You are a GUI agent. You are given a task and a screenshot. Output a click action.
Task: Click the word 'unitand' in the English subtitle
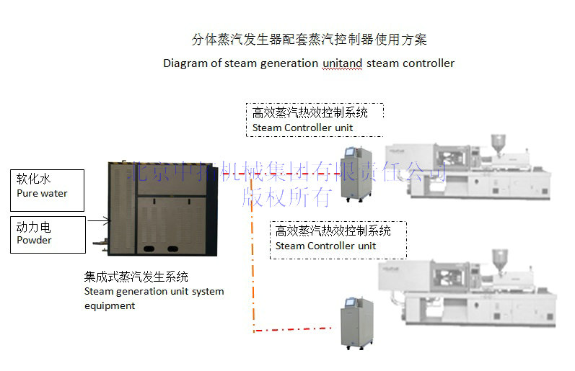[x=342, y=63]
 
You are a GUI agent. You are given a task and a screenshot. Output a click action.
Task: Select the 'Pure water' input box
[x=48, y=189]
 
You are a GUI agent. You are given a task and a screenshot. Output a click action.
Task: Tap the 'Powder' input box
[x=48, y=235]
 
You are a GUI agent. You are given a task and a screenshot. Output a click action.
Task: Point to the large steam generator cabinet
[x=162, y=208]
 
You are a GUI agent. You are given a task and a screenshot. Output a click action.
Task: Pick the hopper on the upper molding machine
[x=497, y=142]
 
